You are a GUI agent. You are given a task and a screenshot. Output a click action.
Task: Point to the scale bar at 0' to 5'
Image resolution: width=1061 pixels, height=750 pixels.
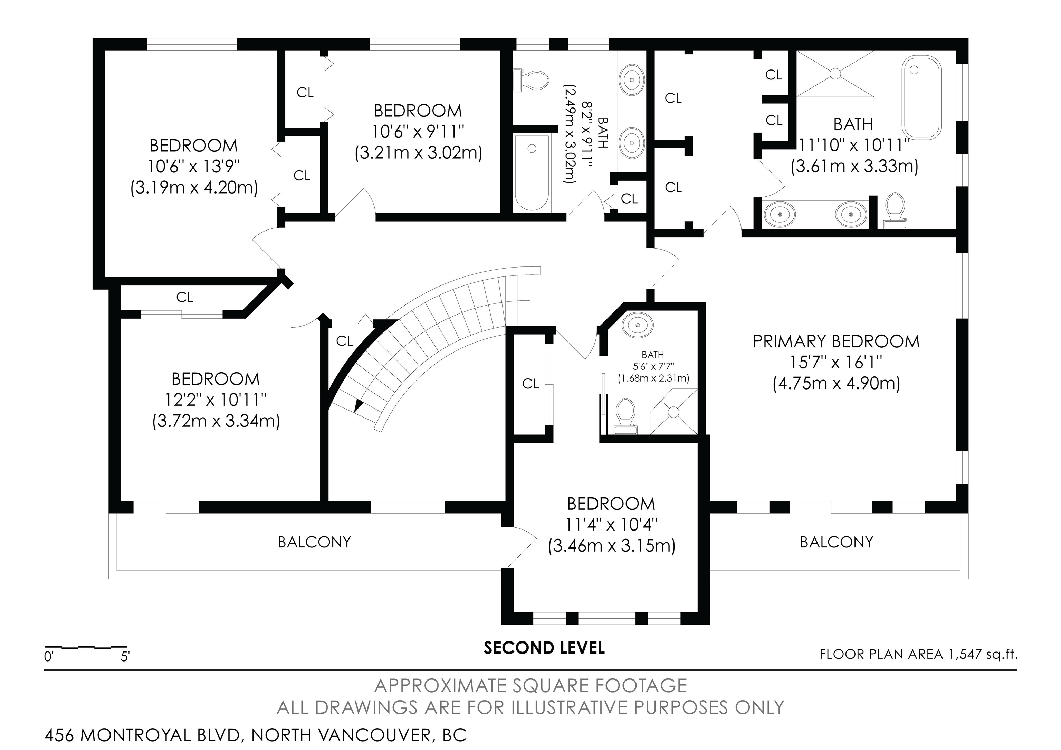(86, 647)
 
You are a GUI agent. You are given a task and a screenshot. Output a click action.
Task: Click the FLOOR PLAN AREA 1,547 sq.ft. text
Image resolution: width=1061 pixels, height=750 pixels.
(918, 654)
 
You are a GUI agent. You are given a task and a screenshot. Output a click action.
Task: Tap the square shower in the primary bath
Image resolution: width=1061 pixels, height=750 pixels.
(835, 74)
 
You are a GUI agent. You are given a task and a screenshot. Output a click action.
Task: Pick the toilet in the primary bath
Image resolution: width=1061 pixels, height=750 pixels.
(896, 210)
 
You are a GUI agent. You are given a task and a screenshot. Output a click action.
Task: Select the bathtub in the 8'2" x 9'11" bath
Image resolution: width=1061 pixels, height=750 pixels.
(532, 173)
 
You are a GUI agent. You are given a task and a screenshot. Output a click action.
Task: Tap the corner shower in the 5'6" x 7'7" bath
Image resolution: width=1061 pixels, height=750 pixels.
(674, 412)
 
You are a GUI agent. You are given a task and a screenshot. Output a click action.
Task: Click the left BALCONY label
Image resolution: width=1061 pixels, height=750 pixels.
(314, 542)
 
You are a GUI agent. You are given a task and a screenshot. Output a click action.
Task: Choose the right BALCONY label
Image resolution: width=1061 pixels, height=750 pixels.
(837, 542)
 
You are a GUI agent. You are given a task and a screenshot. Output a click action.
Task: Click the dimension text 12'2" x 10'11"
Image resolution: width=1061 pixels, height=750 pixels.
(216, 400)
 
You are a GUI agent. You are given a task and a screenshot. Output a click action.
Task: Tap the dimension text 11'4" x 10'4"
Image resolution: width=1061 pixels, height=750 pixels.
(611, 524)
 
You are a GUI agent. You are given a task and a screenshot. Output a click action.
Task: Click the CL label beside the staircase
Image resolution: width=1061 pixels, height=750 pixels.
(345, 341)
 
